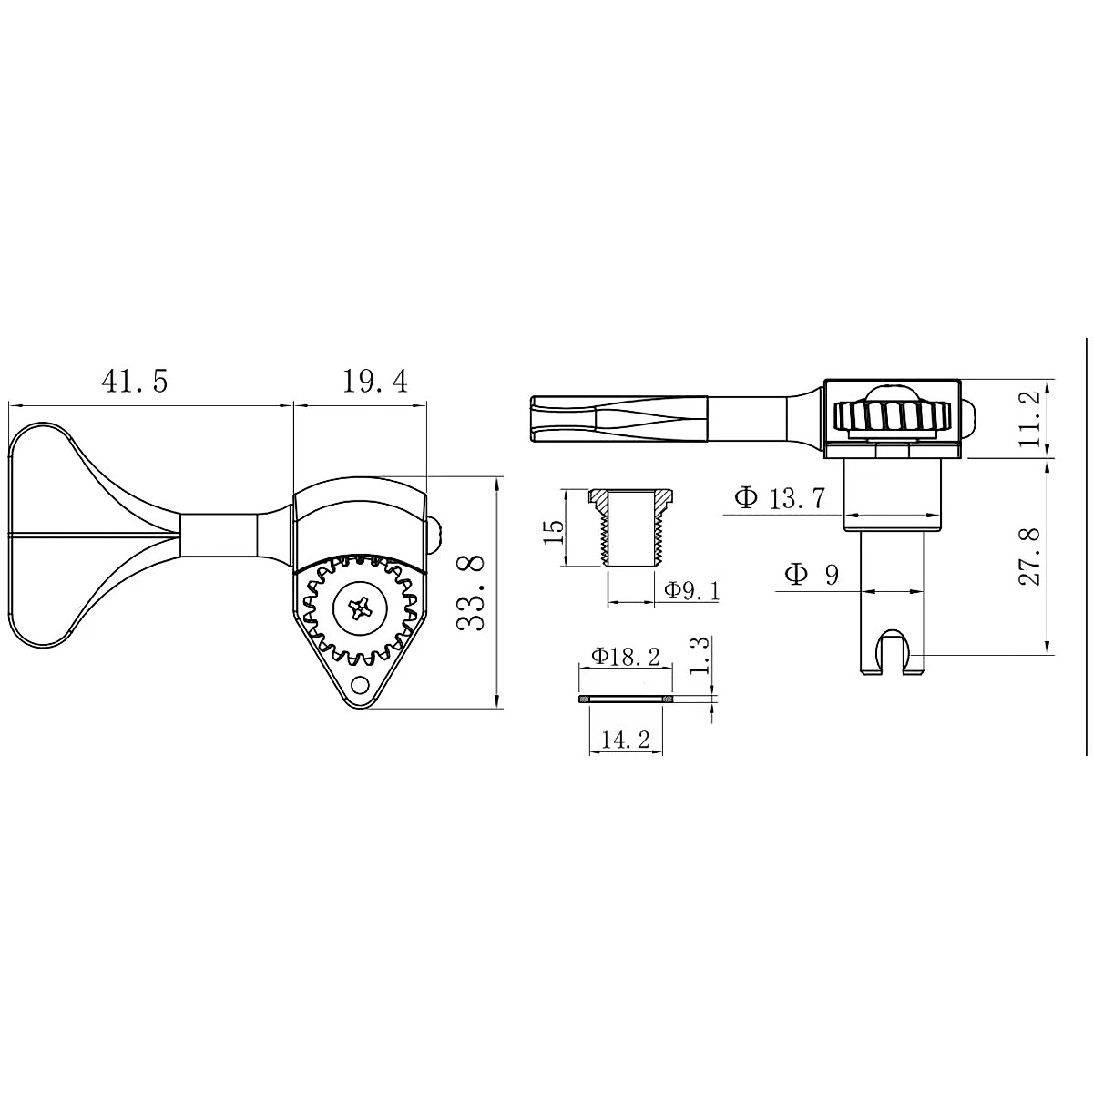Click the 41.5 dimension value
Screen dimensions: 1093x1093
(135, 382)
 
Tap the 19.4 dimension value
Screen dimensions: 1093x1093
(375, 382)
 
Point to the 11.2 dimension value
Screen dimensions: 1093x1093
(1028, 419)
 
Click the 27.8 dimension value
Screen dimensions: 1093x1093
(1028, 557)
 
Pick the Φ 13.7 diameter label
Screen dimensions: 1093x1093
(779, 498)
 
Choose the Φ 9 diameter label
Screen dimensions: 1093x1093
(812, 575)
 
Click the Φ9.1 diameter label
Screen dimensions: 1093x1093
(692, 591)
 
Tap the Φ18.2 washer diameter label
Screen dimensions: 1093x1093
(626, 657)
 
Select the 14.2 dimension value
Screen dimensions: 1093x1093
(626, 740)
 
